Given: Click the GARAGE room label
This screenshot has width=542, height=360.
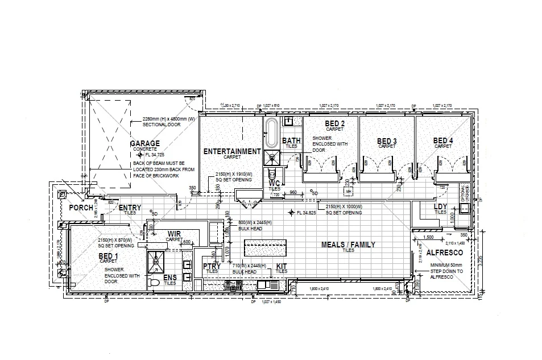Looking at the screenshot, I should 144,144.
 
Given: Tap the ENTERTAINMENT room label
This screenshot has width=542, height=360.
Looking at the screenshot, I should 232,151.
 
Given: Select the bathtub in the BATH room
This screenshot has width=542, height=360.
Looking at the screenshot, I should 271,134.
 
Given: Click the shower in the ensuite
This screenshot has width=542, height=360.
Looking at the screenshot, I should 155,260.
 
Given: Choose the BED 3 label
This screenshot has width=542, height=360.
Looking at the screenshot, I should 387,141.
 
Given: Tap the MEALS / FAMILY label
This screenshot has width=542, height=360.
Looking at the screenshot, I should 348,245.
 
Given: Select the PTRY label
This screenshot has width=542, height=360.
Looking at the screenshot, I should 212,266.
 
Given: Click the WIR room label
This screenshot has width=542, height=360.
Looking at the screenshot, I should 173,234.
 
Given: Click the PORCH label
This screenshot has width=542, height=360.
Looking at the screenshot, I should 81,208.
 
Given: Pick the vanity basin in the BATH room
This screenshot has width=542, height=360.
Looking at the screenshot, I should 288,121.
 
